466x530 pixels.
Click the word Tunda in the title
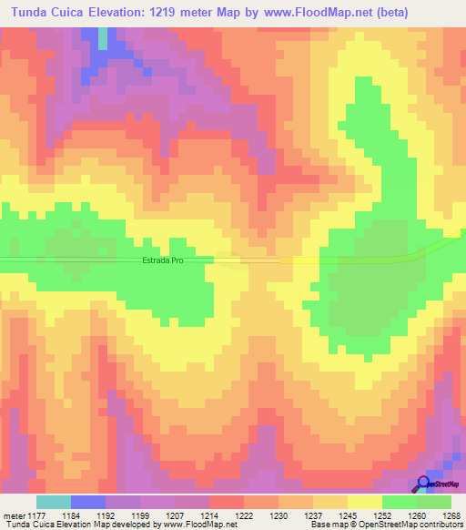point(31,13)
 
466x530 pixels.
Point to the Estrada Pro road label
point(164,260)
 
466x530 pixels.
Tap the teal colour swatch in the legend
point(54,502)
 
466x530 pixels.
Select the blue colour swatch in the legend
point(88,502)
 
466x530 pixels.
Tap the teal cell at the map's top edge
point(103,38)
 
